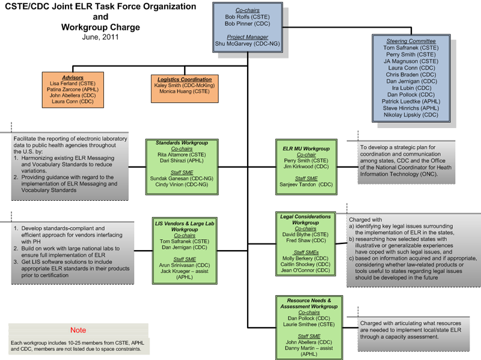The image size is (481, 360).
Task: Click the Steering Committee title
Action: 411,41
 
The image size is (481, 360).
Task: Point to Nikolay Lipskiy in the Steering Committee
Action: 411,114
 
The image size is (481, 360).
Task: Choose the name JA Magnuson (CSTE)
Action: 411,61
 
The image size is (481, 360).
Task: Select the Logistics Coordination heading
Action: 185,79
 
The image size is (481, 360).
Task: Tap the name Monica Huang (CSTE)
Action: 185,92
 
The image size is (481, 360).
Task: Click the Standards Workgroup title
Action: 182,143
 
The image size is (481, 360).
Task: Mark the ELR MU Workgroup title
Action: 306,148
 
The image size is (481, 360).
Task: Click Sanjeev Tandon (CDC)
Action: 306,185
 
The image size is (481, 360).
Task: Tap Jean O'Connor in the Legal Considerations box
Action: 306,270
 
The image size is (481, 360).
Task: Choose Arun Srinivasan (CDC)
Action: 185,265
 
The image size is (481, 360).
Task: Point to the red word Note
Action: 78,330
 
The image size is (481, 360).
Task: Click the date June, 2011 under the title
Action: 100,37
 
